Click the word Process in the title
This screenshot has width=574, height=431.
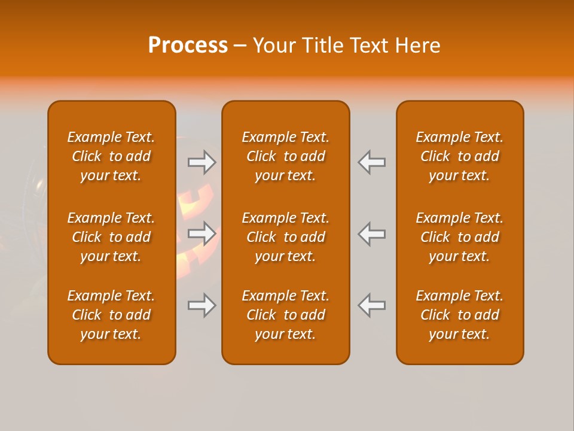188,45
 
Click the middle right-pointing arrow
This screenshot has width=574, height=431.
202,233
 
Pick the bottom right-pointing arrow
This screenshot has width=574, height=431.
202,305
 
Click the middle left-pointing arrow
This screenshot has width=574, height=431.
371,233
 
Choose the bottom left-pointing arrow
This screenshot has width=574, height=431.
371,305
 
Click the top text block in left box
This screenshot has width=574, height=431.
111,156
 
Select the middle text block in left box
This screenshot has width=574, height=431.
111,237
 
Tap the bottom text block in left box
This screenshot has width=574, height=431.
111,315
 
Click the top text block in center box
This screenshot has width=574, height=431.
285,156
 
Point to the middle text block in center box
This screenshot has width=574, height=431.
285,237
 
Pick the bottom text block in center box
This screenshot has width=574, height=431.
285,315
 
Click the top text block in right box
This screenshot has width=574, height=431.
459,156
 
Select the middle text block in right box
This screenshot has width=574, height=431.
459,237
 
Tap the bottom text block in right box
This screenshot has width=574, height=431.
459,315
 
